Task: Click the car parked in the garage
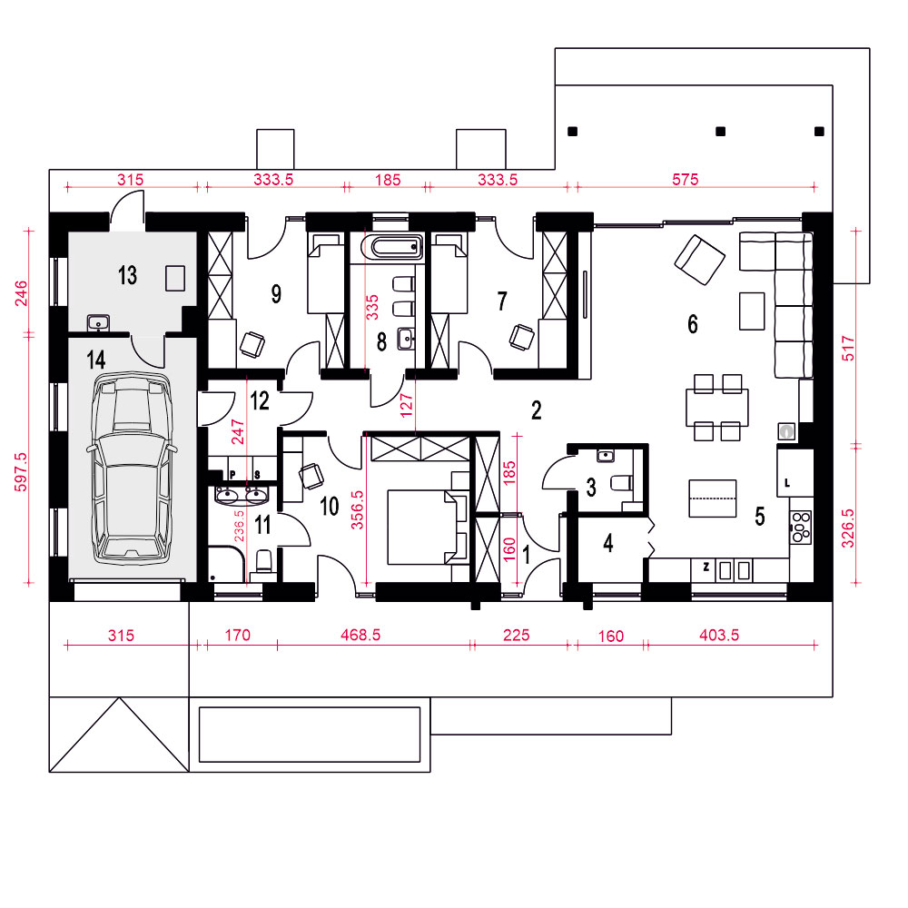click(x=132, y=469)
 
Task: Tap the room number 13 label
click(x=127, y=275)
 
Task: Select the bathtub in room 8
click(x=392, y=247)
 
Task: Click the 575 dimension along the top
click(x=685, y=180)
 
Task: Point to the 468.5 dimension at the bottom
click(x=360, y=636)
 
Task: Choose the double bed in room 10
click(x=429, y=527)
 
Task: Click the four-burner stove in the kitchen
click(x=801, y=527)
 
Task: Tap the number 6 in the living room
click(x=693, y=324)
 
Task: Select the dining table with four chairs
click(x=717, y=408)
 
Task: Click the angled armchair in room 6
click(x=699, y=260)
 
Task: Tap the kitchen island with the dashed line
click(x=712, y=498)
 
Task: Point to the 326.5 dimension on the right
click(x=847, y=528)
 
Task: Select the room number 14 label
click(x=96, y=360)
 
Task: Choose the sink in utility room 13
click(x=98, y=322)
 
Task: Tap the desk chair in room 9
click(x=252, y=344)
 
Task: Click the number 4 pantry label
click(x=608, y=543)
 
